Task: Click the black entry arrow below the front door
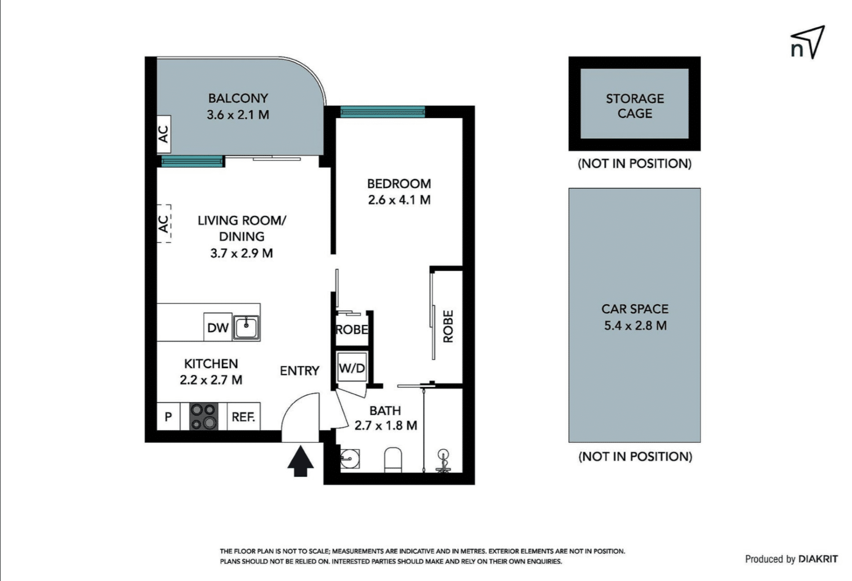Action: point(300,461)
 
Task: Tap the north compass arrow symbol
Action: point(808,42)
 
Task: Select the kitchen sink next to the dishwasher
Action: point(246,327)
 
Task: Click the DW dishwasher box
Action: point(218,327)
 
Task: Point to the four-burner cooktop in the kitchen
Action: point(204,417)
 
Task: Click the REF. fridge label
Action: point(243,417)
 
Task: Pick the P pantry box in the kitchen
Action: point(168,417)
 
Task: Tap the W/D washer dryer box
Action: point(352,368)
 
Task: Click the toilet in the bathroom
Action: point(393,460)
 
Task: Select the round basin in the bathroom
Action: point(349,458)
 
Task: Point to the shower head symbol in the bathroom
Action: point(443,460)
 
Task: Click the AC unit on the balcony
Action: point(164,134)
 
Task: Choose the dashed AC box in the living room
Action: point(164,223)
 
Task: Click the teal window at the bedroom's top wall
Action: point(383,112)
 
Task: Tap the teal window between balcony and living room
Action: point(192,161)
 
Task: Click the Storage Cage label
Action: point(635,106)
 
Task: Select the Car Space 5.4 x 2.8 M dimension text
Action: point(635,326)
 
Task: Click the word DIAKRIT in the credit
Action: point(818,559)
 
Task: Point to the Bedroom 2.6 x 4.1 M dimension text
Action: point(399,200)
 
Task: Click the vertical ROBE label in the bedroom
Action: point(448,326)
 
